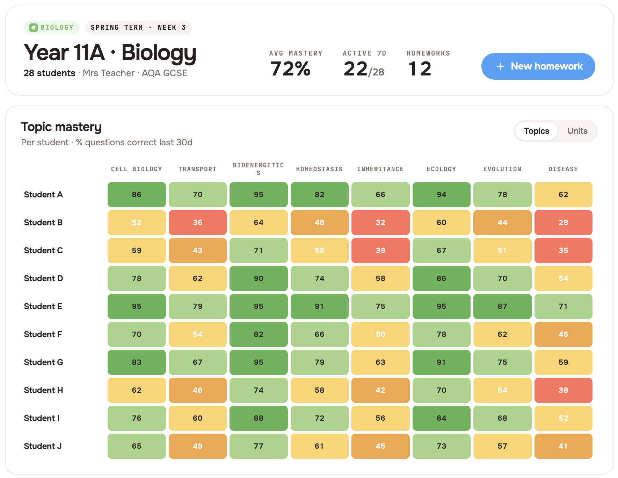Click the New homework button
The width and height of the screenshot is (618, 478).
pos(538,66)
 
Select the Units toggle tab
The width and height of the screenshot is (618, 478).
pos(577,131)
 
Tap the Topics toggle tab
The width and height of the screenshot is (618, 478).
pos(536,131)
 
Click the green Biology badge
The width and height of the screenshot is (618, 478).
pos(52,28)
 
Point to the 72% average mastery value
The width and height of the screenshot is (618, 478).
pos(290,68)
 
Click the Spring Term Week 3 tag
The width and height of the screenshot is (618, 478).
pos(138,28)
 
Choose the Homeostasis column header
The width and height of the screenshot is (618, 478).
pos(319,169)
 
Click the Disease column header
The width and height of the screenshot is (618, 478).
pos(563,169)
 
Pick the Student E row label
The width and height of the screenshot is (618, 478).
pos(43,306)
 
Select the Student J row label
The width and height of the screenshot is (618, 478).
pos(43,446)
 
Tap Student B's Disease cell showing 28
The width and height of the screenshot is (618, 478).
pos(563,223)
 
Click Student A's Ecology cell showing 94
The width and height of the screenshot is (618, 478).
pos(441,195)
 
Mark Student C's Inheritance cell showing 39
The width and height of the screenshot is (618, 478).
pos(380,251)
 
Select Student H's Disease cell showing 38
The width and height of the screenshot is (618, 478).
pos(563,390)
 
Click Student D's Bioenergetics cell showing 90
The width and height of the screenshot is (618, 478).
pos(259,278)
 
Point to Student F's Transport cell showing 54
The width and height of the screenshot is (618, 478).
pos(197,334)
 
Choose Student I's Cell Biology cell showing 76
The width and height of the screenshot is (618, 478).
pos(137,418)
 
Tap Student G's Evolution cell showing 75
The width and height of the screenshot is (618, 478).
pos(502,362)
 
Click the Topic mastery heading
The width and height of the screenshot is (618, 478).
pos(61,127)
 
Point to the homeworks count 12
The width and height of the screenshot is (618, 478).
pos(420,68)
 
